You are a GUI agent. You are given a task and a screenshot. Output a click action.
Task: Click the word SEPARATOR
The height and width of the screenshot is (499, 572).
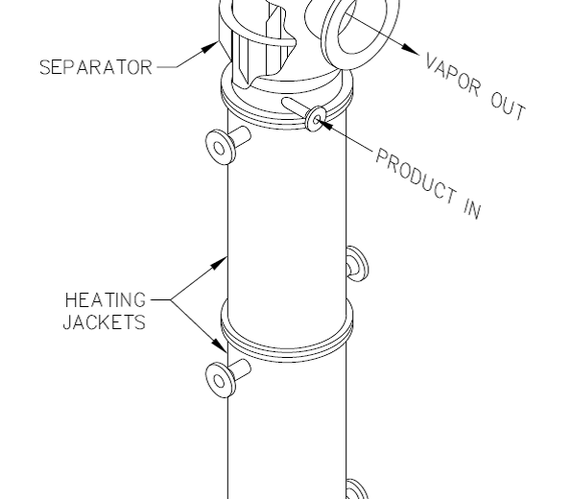pos(96,67)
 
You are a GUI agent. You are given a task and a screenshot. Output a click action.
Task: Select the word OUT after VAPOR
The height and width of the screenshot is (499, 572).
pos(508,107)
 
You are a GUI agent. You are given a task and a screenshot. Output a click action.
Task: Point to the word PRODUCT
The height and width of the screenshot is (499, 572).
pos(417,176)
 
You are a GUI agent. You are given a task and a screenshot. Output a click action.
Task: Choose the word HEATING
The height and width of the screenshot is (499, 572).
pos(106,300)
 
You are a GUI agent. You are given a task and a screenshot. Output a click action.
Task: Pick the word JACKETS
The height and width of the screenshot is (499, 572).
pos(105,322)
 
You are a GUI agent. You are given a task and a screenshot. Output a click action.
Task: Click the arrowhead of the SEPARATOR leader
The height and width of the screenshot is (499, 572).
pos(209,48)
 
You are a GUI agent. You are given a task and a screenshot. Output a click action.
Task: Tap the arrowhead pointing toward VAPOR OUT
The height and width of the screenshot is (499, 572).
pos(411,49)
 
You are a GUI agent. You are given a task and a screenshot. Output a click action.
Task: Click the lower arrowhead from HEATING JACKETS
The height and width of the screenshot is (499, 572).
pos(220,346)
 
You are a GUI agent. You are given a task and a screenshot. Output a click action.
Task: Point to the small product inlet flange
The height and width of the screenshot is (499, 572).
pos(316,119)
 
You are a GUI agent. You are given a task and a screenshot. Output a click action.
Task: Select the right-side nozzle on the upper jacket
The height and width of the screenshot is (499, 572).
pos(357,264)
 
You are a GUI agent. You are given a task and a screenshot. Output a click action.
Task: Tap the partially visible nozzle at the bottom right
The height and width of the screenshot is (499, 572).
pos(355,489)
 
